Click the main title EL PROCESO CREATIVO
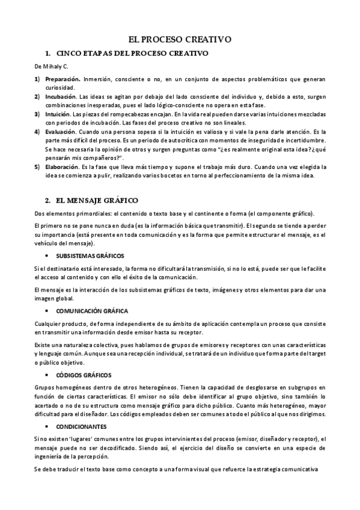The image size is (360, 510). (x=180, y=40)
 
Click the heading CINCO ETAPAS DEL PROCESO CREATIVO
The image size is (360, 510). (x=131, y=53)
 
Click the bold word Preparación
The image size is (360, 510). (x=63, y=79)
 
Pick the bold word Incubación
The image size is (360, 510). (x=61, y=97)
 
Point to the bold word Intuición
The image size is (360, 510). (x=58, y=114)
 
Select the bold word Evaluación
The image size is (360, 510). (x=60, y=131)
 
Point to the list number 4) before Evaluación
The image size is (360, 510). (x=37, y=131)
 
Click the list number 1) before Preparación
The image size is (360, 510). (x=37, y=79)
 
